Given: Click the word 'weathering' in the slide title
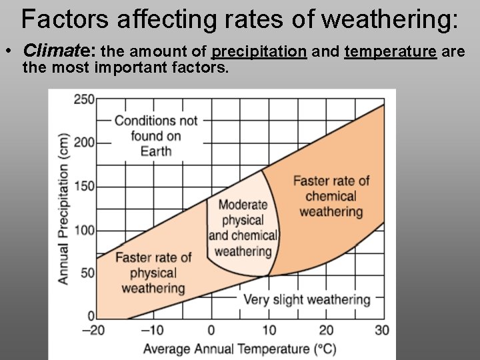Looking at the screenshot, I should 389,20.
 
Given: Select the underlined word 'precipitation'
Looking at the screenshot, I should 259,51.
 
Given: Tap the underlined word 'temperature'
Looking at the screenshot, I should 390,51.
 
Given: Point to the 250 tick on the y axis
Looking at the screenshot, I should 83,99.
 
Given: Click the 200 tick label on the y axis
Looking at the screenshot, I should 83,143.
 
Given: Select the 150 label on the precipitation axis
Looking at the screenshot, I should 83,187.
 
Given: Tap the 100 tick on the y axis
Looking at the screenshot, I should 83,231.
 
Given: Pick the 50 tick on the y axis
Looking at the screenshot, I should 87,273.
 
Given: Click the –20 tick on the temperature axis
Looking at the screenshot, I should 93,330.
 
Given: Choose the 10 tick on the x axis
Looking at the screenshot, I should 268,330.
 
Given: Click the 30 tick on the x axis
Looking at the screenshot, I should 382,330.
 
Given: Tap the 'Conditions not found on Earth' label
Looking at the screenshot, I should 156,135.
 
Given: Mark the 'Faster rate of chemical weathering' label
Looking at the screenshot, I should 331,196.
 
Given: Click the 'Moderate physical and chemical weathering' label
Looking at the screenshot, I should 243,228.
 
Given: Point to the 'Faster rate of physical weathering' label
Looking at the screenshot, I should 153,273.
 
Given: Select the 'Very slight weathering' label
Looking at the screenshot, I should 307,299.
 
